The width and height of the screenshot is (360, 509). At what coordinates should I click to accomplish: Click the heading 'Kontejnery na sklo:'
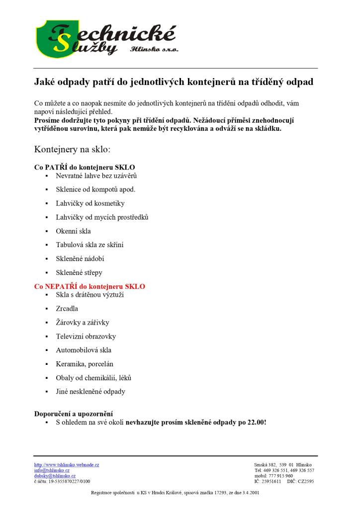coord(72,149)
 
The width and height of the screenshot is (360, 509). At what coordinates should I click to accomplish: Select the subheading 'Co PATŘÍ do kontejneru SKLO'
coord(85,167)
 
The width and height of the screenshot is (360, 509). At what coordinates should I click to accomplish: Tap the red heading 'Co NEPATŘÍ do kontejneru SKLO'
coord(90,287)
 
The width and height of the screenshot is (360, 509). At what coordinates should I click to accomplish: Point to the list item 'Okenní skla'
coord(73,231)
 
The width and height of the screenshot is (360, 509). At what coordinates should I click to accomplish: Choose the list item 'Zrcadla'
coord(67,309)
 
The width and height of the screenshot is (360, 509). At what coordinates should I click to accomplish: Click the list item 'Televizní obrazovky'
coord(86,337)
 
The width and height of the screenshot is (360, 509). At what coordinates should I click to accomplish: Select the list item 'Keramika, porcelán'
coord(85,364)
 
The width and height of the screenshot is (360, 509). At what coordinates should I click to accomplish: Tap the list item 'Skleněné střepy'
coord(79,273)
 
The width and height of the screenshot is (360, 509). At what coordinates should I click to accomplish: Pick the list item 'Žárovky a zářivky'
coord(83,323)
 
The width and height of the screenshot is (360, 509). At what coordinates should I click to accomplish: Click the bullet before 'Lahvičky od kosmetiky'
coord(46,203)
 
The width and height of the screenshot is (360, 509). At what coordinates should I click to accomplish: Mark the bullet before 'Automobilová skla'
coord(46,350)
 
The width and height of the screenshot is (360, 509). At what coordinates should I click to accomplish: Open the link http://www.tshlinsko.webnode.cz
coord(67,465)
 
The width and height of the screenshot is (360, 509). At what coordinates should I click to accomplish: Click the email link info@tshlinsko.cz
coord(52,470)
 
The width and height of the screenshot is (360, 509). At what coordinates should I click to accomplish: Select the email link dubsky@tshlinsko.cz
coord(55,476)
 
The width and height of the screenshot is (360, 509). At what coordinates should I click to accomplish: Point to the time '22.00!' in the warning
coord(257,422)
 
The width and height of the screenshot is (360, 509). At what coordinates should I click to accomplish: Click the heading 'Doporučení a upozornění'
coord(74,414)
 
